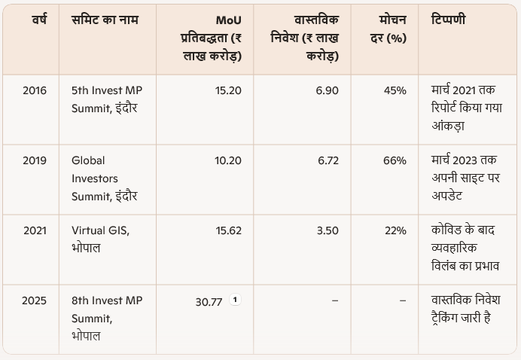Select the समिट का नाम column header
coord(107,19)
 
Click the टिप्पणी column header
coord(448,19)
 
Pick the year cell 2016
coord(35,90)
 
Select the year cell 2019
coord(35,160)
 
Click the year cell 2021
coord(35,230)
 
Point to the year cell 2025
coord(35,301)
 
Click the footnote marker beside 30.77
coord(235,300)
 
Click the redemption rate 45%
coord(395,90)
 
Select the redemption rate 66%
coord(395,160)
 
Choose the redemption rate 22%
coord(395,230)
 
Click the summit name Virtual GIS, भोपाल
coord(100,239)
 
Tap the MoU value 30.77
coord(209,301)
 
